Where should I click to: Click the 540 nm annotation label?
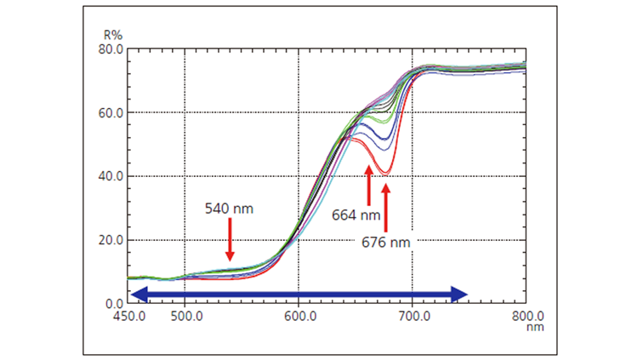pyautogui.click(x=229, y=208)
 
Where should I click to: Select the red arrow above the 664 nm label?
pyautogui.click(x=368, y=185)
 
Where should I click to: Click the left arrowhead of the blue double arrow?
pyautogui.click(x=139, y=294)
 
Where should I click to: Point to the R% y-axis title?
pyautogui.click(x=113, y=37)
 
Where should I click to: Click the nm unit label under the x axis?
pyautogui.click(x=534, y=326)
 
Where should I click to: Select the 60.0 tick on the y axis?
pyautogui.click(x=111, y=112)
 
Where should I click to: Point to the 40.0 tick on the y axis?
pyautogui.click(x=111, y=176)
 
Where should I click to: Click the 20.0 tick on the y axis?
pyautogui.click(x=111, y=240)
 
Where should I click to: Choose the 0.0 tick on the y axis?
pyautogui.click(x=115, y=304)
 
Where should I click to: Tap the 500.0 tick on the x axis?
pyautogui.click(x=185, y=314)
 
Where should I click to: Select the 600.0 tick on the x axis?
pyautogui.click(x=299, y=314)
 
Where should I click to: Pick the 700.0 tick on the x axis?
pyautogui.click(x=413, y=314)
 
